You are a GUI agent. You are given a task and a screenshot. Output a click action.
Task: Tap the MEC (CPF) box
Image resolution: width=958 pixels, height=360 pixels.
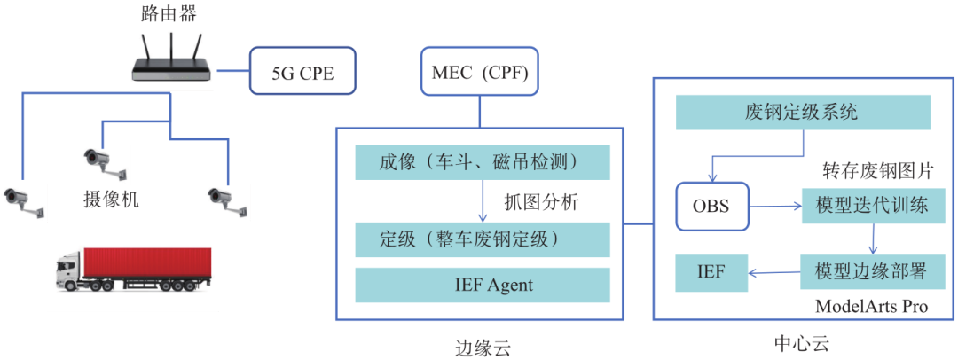[x=480, y=74]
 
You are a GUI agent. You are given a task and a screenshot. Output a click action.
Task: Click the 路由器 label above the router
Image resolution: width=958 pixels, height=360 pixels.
[x=169, y=13]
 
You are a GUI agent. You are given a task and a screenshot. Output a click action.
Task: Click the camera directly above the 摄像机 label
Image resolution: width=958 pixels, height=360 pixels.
[x=104, y=161]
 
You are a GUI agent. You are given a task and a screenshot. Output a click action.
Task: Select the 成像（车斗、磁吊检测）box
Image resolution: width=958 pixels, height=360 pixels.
[x=482, y=162]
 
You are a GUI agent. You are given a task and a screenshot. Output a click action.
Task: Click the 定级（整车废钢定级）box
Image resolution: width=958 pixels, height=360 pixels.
[x=482, y=239]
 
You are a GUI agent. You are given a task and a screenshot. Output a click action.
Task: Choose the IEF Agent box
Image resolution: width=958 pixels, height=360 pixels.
[x=482, y=285]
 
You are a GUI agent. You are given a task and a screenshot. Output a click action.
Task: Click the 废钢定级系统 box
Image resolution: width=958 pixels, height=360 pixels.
[x=802, y=113]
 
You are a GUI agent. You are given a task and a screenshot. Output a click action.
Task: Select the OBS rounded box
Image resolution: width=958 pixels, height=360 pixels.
[x=711, y=206]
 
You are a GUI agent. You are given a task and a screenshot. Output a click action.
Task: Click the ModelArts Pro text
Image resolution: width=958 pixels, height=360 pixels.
[x=871, y=307]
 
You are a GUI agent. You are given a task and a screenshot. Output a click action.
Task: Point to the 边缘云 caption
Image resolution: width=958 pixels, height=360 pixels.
[x=482, y=345]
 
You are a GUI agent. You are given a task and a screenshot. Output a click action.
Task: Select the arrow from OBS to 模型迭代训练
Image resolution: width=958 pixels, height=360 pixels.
[x=774, y=207]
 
